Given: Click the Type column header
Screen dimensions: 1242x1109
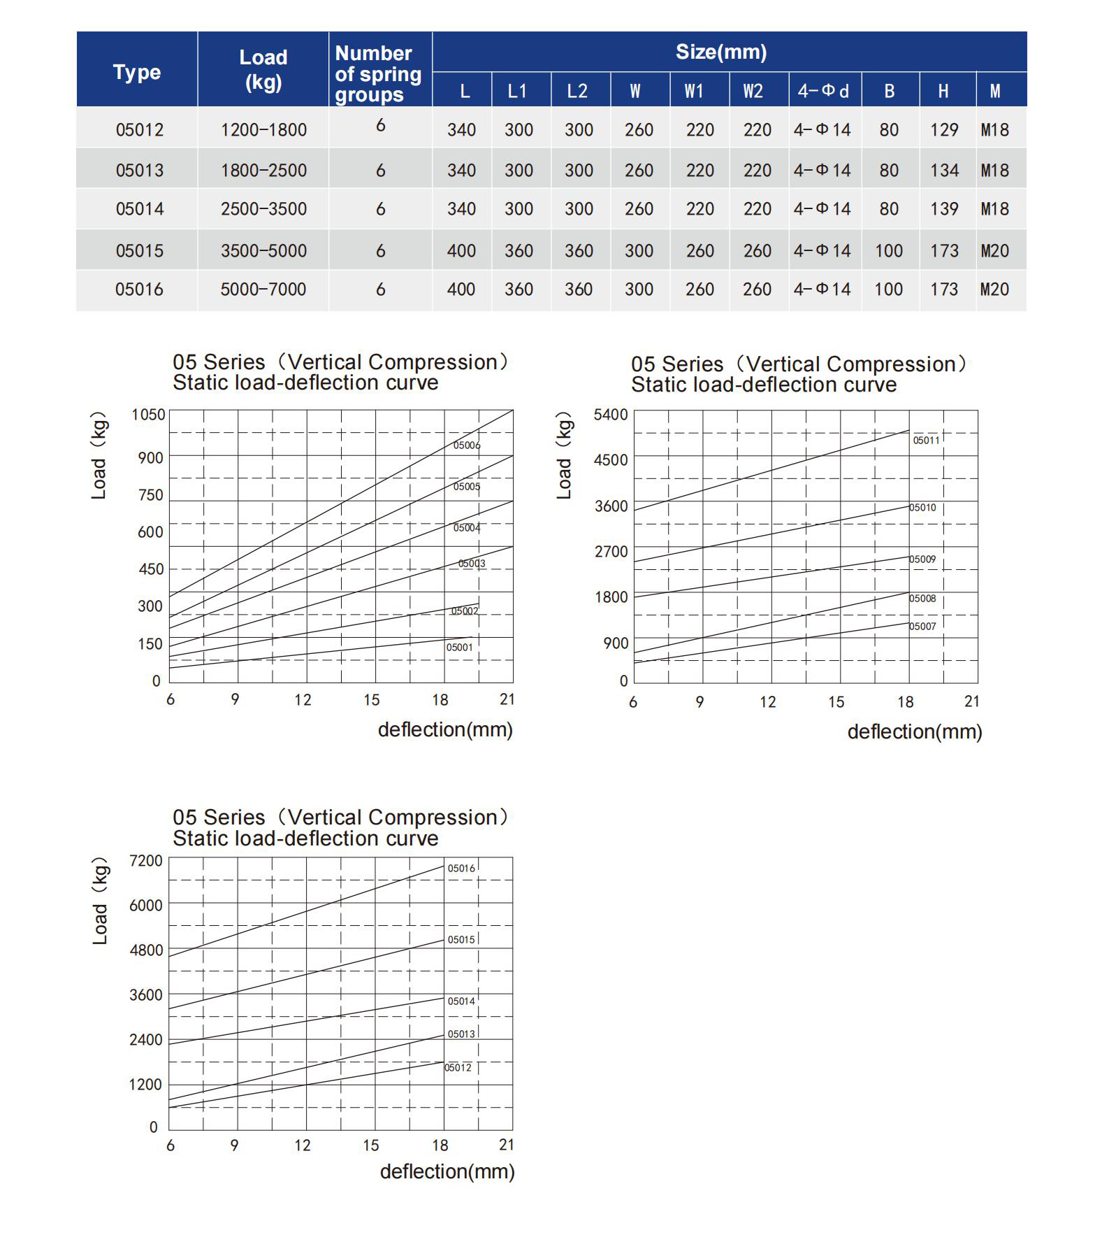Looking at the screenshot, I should coord(137,72).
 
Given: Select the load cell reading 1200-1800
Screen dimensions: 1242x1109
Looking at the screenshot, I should coord(263,130).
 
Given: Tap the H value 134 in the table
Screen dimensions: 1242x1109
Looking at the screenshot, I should coord(944,171).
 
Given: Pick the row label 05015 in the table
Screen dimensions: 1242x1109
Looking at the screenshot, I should coord(140,251).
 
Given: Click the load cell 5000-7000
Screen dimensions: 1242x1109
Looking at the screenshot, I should coord(263,290).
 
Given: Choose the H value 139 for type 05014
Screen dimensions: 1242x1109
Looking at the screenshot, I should coord(944,209).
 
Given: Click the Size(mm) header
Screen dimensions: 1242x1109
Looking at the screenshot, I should coord(721,52).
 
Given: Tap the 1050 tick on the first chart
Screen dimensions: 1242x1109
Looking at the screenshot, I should coord(148,415).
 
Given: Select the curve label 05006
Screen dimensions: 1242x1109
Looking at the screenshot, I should coord(467,445).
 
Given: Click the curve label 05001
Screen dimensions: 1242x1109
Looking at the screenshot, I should coord(460,648).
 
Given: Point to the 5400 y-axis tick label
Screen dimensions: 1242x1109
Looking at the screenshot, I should coord(611,415).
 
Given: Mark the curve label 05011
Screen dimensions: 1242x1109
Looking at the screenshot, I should coord(927,441).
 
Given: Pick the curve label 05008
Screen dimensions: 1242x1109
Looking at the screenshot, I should coord(922,599).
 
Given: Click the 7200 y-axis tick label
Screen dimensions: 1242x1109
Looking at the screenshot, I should coord(146,861).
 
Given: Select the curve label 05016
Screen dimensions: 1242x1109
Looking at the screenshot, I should coord(461,869).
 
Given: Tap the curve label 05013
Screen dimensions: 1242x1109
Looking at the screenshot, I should coord(461,1034).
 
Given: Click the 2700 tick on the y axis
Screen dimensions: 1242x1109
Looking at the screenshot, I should coord(611,552).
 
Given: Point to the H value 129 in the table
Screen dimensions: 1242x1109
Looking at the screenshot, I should coord(944,130).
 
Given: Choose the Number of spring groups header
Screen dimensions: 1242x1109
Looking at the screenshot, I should coord(378,73).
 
